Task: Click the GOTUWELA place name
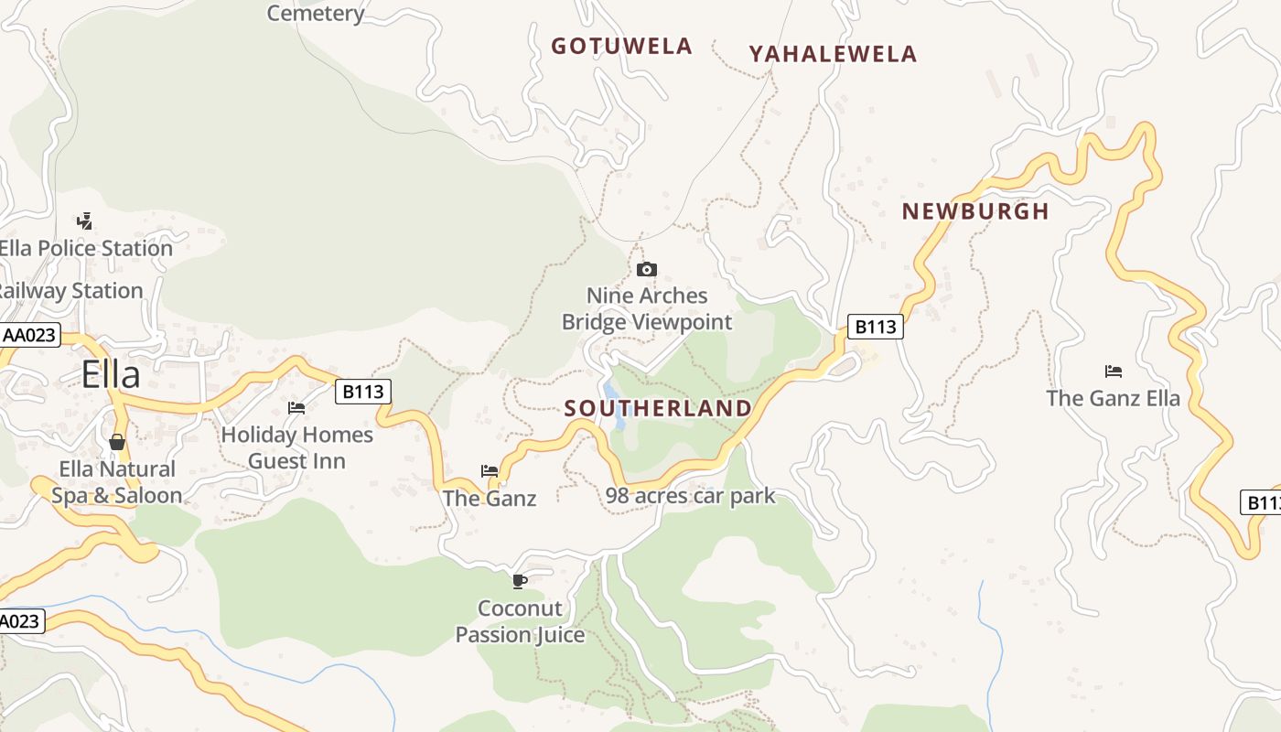[x=621, y=47]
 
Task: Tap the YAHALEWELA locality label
[x=833, y=55]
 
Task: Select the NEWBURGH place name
[x=975, y=211]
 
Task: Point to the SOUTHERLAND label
[x=658, y=408]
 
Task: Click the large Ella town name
[x=111, y=375]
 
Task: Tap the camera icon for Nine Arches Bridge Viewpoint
[x=647, y=269]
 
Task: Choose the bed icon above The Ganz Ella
[x=1114, y=371]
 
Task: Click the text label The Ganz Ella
[x=1114, y=398]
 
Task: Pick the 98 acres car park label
[x=690, y=496]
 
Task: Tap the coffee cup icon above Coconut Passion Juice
[x=520, y=581]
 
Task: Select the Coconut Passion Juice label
[x=520, y=621]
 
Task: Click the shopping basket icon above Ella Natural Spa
[x=117, y=443]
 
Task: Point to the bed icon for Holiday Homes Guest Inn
[x=296, y=408]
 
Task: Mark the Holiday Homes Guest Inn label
[x=297, y=447]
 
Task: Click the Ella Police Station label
[x=86, y=248]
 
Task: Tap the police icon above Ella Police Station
[x=85, y=221]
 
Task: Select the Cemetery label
[x=316, y=13]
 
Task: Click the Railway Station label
[x=71, y=291]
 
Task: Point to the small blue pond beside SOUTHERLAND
[x=617, y=409]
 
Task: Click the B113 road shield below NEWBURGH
[x=876, y=327]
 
